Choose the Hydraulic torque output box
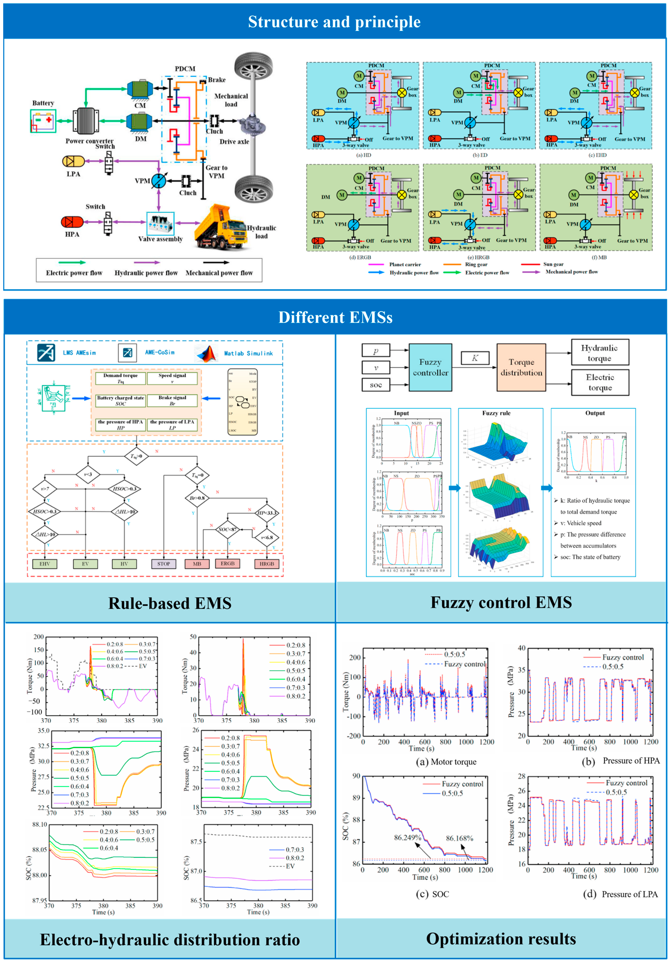click(x=599, y=352)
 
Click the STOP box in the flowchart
click(x=163, y=564)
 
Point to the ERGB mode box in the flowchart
click(x=227, y=563)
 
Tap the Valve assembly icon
click(x=160, y=223)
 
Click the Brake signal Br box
click(x=172, y=400)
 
